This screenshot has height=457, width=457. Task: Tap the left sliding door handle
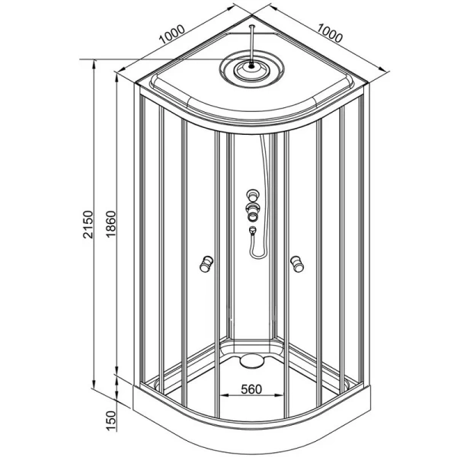click(x=204, y=264)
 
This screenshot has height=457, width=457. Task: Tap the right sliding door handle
click(x=296, y=264)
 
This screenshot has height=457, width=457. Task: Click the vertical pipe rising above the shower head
click(x=250, y=42)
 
